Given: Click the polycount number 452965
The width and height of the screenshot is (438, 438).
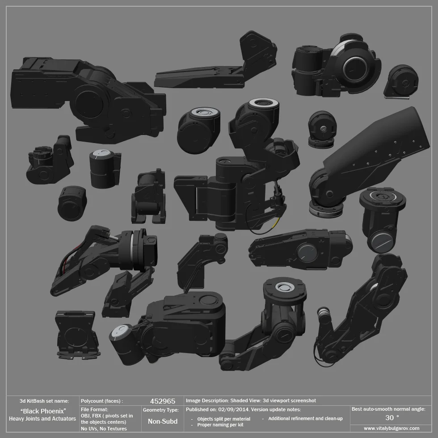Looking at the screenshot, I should (163, 401).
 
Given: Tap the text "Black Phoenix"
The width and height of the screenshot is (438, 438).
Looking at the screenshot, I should (43, 411).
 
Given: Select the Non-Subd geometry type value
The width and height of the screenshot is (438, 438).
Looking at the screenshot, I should (163, 421).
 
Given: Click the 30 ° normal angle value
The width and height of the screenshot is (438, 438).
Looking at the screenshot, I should (392, 418).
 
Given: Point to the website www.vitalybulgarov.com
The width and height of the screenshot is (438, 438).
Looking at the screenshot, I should (391, 428).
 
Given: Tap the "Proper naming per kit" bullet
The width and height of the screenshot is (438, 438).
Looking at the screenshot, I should (220, 425).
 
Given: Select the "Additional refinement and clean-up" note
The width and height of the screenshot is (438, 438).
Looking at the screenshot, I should (305, 418).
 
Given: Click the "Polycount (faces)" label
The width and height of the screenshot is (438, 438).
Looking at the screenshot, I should (102, 401).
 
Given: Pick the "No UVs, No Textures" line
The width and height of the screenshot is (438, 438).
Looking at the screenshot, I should (104, 429).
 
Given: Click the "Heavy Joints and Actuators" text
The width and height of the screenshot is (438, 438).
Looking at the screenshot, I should (42, 419).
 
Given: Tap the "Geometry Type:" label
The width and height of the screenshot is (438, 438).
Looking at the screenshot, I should (160, 409).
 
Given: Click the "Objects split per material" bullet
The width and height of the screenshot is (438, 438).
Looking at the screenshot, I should (223, 419).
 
